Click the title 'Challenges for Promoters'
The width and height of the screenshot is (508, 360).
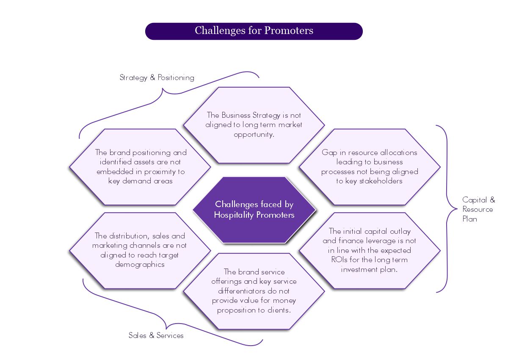[254, 31]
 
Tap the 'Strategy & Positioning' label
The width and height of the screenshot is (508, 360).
[157, 78]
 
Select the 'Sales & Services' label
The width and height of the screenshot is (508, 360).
[156, 335]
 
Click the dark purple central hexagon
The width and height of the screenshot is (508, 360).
[254, 210]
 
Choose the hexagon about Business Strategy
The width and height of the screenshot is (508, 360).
[254, 125]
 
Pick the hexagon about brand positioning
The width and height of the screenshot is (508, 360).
[141, 166]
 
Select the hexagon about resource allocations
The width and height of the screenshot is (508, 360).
[369, 166]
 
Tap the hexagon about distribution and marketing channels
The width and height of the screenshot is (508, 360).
[140, 250]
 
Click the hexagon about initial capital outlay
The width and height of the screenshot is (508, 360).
[369, 250]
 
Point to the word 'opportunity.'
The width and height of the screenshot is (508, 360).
[254, 135]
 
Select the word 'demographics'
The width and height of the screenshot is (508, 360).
[140, 264]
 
